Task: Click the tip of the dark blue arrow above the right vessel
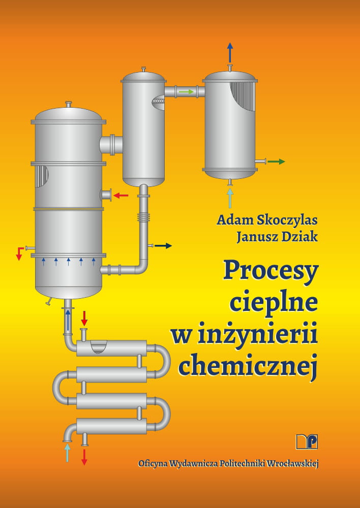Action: point(230,43)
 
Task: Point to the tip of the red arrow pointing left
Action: point(113,196)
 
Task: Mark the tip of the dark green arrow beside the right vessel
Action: point(285,162)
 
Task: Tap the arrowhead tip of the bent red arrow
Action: point(19,260)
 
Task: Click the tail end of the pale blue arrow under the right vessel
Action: point(230,208)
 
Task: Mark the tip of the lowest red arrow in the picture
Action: point(84,465)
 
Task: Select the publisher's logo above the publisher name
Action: point(307,441)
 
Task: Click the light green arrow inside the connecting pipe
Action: point(186,91)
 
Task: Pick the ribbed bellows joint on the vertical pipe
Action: point(143,217)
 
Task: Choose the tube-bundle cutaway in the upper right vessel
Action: point(243,96)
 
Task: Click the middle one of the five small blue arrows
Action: point(69,262)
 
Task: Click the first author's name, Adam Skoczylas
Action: point(267,220)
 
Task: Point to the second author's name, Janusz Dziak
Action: point(277,237)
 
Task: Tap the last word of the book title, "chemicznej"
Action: point(248,365)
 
